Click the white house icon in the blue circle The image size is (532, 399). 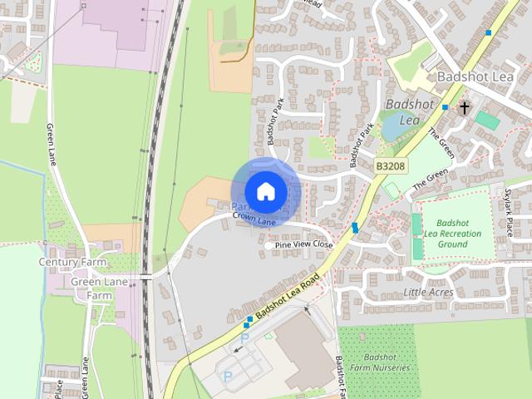coord(265,191)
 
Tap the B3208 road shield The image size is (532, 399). coord(389,166)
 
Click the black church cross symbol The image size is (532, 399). coord(465,107)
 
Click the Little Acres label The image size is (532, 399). coord(428,293)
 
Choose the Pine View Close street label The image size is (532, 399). coord(298,246)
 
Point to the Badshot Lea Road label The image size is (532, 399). coord(287,294)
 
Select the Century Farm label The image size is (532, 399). coord(73,262)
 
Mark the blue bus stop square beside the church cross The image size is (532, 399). coord(446,107)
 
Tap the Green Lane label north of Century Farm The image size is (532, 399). coord(50,144)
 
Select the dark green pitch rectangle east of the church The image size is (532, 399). coord(488,121)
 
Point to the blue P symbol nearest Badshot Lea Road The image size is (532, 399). coord(244,339)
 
